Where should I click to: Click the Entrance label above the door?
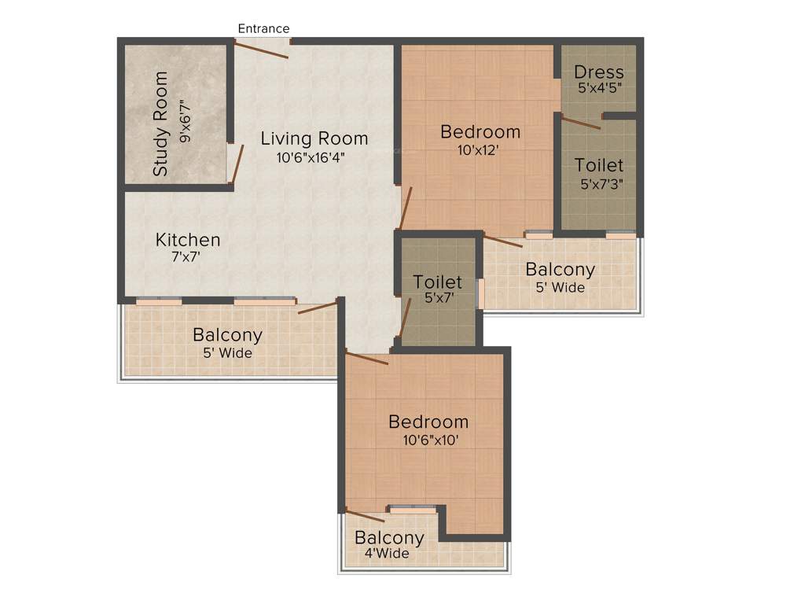[x=263, y=28]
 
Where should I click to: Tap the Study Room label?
[x=160, y=123]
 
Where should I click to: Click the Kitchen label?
[x=188, y=239]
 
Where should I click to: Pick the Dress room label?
[x=599, y=72]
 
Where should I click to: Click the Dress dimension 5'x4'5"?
[x=599, y=88]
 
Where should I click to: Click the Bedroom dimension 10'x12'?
[x=479, y=149]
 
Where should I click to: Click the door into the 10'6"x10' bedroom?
[x=367, y=358]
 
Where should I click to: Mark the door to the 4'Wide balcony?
[x=365, y=515]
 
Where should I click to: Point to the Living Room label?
[x=314, y=139]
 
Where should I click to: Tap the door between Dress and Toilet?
[x=580, y=122]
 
